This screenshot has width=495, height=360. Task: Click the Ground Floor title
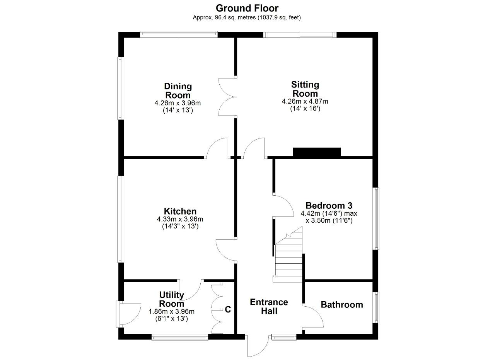[247, 9]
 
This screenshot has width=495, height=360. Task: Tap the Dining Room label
[178, 91]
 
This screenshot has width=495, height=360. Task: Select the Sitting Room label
[305, 89]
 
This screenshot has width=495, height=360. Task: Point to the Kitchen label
[180, 211]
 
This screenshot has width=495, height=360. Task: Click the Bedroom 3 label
[329, 206]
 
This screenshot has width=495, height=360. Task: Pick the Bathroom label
[342, 305]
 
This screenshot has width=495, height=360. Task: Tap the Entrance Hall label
[269, 307]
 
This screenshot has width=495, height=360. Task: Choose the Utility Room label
[171, 299]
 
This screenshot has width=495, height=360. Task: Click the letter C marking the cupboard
[228, 310]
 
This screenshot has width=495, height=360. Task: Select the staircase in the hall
[288, 254]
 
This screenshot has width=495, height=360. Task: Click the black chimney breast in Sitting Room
[317, 152]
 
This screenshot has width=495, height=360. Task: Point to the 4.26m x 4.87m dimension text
[305, 101]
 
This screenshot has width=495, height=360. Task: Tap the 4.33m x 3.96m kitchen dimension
[180, 219]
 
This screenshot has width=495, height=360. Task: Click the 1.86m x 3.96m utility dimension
[171, 312]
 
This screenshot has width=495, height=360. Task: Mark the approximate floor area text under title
[247, 17]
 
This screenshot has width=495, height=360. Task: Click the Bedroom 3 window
[376, 218]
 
